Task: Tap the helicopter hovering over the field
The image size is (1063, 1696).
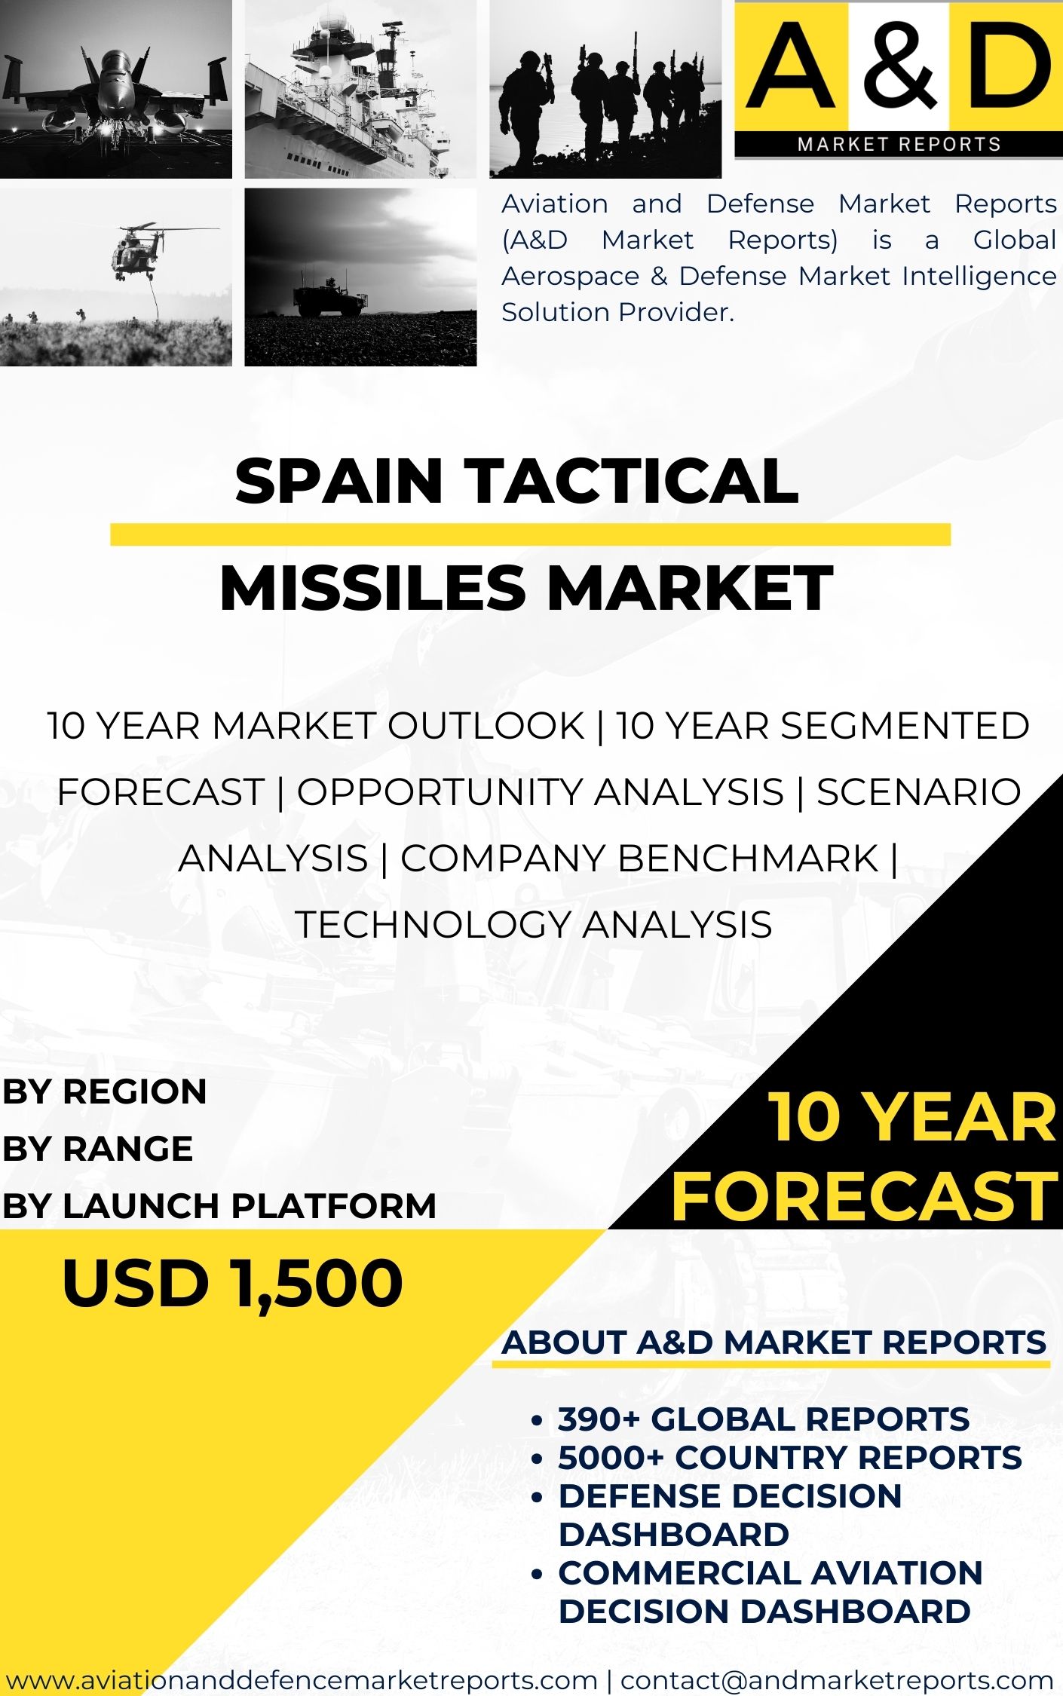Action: point(139,249)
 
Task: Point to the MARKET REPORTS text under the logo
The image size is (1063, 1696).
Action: point(899,144)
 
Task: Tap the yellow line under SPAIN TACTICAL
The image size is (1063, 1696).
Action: point(530,534)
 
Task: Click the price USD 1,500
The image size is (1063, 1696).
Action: point(232,1284)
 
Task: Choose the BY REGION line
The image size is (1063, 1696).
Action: point(104,1091)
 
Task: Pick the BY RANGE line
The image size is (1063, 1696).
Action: point(97,1149)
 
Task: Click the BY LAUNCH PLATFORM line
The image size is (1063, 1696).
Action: point(219,1205)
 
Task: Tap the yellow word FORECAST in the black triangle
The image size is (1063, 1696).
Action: point(864,1196)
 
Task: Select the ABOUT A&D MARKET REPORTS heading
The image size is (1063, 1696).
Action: point(774,1342)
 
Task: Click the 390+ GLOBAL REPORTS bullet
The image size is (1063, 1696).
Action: point(763,1419)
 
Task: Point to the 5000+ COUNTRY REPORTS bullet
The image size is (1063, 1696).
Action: point(789,1457)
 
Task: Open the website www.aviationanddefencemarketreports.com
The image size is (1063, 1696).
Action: point(302,1679)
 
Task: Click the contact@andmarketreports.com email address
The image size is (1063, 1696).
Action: point(837,1679)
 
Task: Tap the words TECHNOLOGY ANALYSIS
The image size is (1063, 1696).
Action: point(533,924)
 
